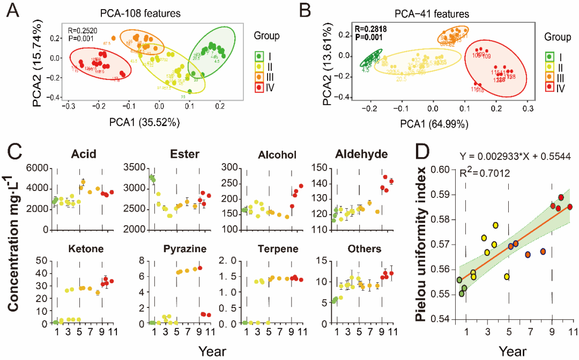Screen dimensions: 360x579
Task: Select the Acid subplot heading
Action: click(x=84, y=155)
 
